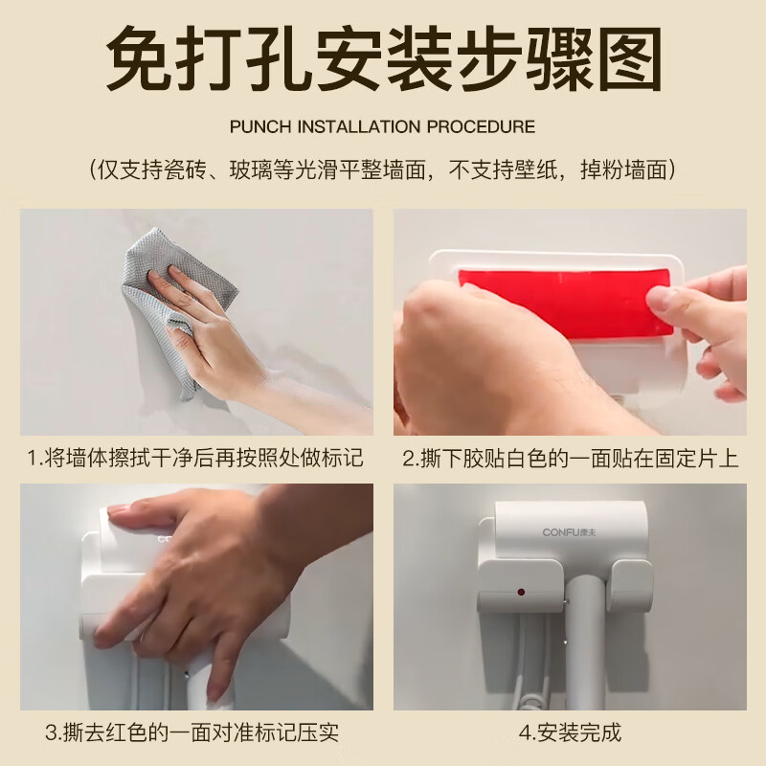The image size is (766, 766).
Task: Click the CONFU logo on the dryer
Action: click(x=569, y=532)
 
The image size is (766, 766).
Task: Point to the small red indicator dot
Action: click(x=521, y=592)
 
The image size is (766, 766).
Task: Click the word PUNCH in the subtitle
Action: click(x=259, y=127)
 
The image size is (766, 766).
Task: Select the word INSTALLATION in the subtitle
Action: click(x=359, y=127)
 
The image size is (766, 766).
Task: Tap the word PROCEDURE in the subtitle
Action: click(x=482, y=127)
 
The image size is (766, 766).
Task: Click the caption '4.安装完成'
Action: click(x=570, y=732)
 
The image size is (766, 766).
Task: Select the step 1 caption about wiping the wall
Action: click(x=195, y=459)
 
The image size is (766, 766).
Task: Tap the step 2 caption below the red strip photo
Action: click(x=570, y=459)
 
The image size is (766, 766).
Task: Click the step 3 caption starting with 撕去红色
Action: click(x=192, y=732)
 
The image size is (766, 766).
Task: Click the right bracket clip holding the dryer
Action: click(x=632, y=586)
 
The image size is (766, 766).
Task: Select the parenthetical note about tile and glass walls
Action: click(x=383, y=170)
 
